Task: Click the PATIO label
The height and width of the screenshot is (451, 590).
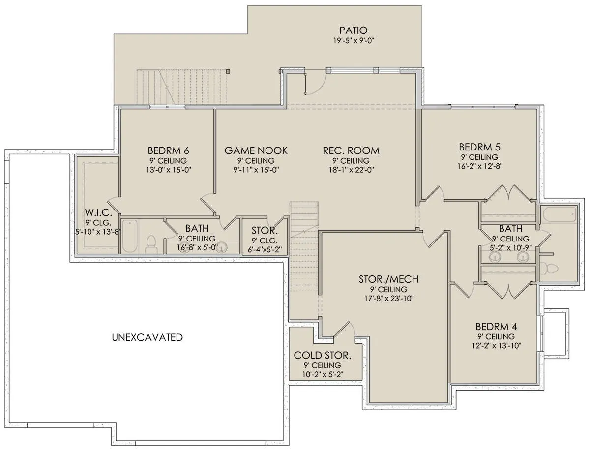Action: click(353, 30)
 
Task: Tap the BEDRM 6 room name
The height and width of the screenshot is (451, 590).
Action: click(168, 150)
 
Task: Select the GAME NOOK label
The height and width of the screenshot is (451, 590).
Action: click(256, 150)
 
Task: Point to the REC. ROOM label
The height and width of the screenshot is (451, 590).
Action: click(351, 150)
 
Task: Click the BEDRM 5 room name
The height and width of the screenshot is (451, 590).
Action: click(480, 147)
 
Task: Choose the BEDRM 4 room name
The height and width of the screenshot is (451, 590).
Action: click(496, 327)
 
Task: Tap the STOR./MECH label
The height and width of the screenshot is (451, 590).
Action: click(389, 279)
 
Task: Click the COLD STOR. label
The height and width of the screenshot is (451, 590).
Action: click(323, 355)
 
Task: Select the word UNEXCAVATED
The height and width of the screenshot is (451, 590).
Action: click(147, 337)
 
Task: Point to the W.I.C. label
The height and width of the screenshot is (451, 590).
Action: click(98, 212)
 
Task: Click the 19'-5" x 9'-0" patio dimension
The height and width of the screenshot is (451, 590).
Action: click(354, 41)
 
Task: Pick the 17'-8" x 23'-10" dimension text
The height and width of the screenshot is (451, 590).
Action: click(389, 299)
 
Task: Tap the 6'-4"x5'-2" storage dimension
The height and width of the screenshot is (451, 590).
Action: click(265, 250)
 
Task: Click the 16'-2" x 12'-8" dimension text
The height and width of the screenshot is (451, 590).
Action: click(480, 166)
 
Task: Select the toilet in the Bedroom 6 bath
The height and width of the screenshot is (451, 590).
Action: click(151, 243)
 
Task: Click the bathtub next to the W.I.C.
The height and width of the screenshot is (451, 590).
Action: click(130, 236)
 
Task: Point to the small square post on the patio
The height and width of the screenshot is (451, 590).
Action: click(228, 71)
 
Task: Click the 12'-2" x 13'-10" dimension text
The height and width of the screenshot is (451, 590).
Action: click(497, 346)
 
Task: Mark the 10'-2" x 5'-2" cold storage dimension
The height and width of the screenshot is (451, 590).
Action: click(323, 374)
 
